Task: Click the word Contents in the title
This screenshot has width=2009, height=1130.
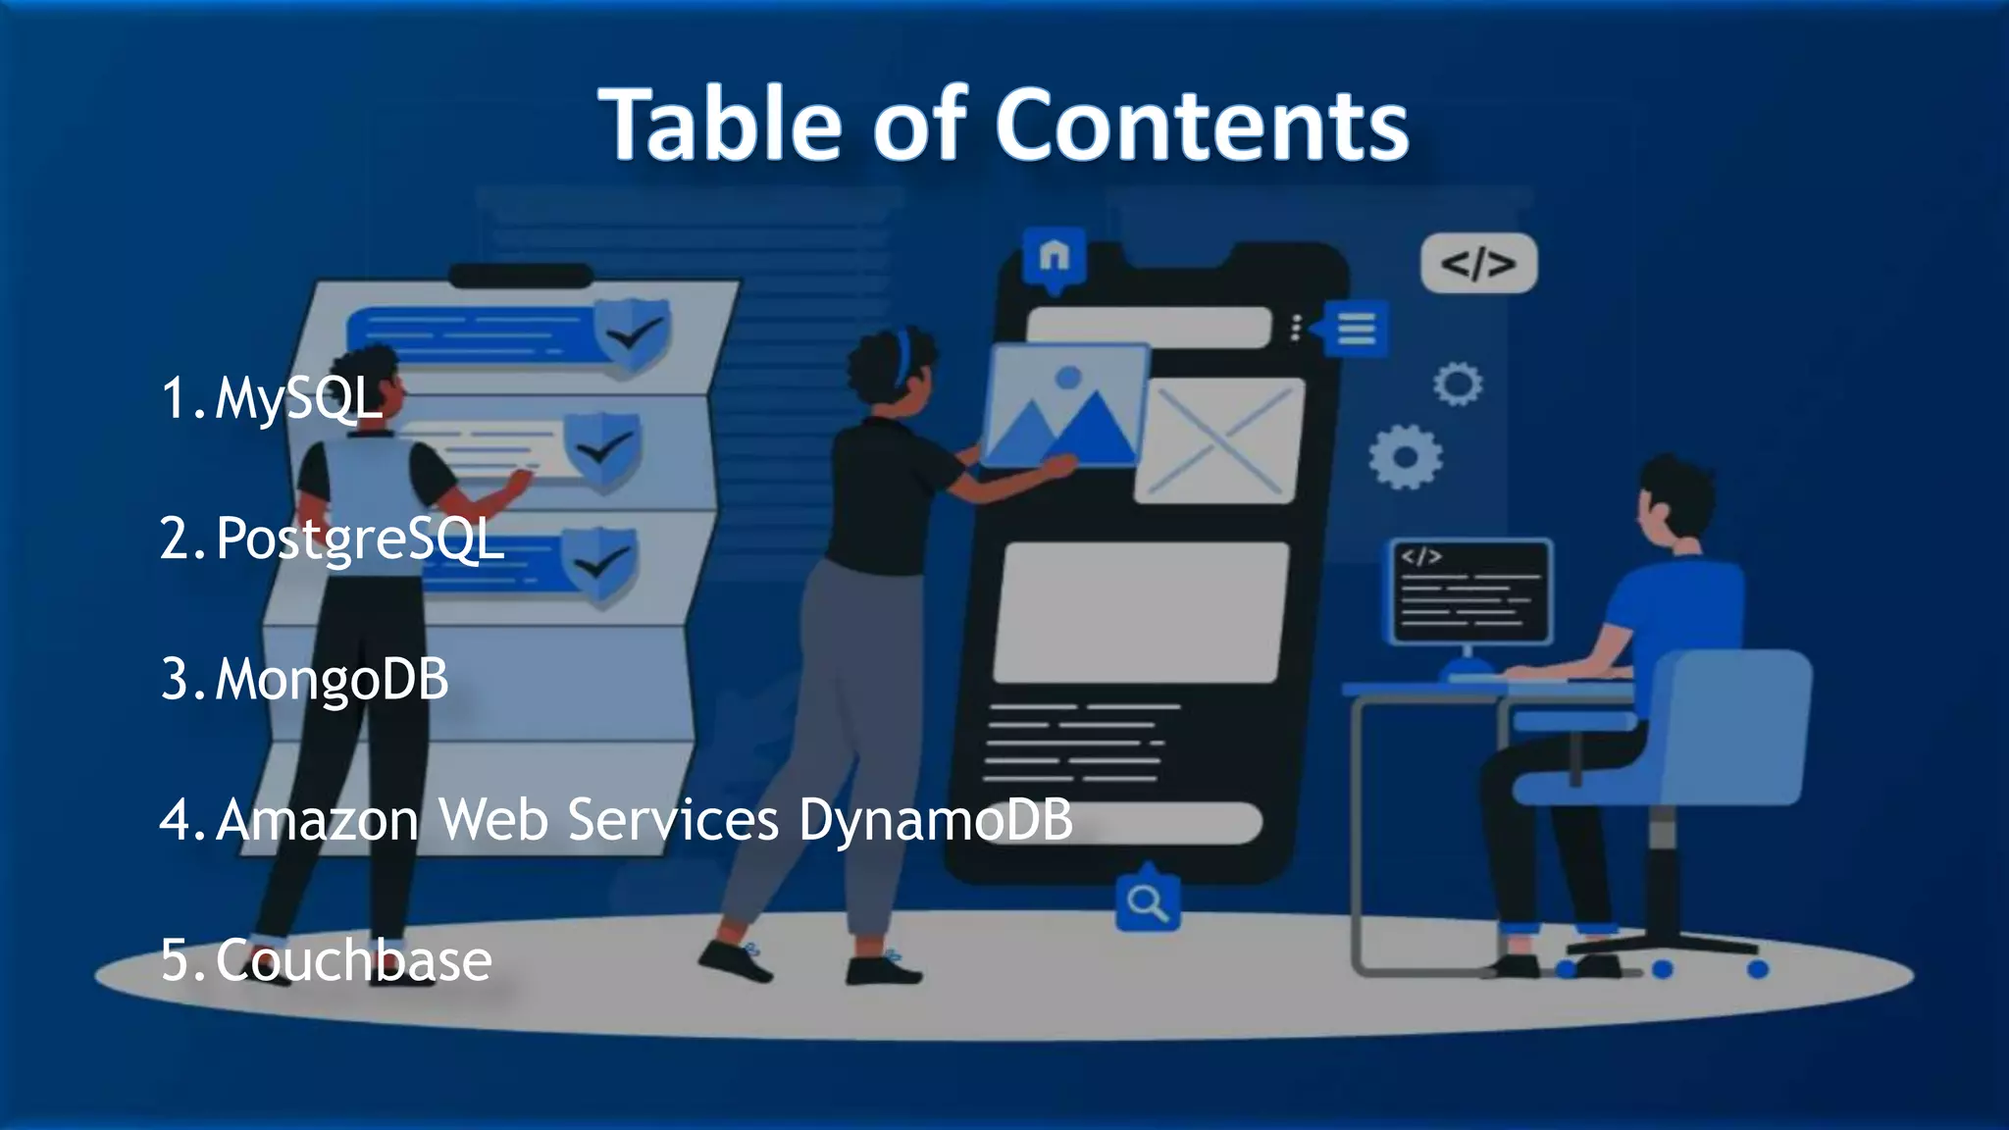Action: pyautogui.click(x=1202, y=125)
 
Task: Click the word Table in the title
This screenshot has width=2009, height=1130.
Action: pyautogui.click(x=721, y=125)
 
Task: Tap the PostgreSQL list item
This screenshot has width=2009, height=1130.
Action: pyautogui.click(x=359, y=539)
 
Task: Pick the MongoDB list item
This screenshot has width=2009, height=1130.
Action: pyautogui.click(x=332, y=679)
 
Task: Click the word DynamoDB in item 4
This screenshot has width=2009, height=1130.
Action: pyautogui.click(x=936, y=819)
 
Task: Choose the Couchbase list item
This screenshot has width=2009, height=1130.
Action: pyautogui.click(x=353, y=959)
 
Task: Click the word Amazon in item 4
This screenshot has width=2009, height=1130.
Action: pyautogui.click(x=317, y=819)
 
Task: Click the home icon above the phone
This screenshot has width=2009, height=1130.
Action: pyautogui.click(x=1054, y=257)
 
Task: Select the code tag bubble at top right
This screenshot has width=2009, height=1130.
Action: pyautogui.click(x=1478, y=263)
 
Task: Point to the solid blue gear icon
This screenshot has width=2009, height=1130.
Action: pyautogui.click(x=1405, y=457)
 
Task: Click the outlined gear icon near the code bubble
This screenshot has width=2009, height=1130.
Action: pyautogui.click(x=1458, y=384)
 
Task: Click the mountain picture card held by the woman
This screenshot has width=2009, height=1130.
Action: pyautogui.click(x=1065, y=404)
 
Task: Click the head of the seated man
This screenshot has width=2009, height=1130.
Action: pyautogui.click(x=1673, y=505)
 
